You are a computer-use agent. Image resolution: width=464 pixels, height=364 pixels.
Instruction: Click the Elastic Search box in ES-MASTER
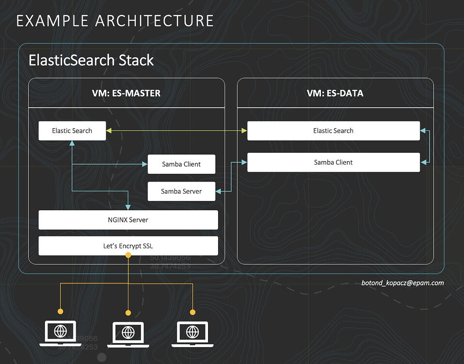coord(72,131)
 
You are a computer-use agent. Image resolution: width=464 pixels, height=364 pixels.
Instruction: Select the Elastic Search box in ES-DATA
coord(333,131)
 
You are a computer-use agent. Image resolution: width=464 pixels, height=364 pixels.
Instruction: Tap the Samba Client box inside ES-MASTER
coord(181,165)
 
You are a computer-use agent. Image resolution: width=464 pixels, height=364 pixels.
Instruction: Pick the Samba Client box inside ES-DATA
coord(333,163)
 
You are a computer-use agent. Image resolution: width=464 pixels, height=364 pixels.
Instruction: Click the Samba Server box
coord(181,192)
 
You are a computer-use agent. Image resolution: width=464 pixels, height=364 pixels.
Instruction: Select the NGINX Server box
coord(128,220)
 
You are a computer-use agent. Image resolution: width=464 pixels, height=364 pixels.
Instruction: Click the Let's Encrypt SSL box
coord(128,246)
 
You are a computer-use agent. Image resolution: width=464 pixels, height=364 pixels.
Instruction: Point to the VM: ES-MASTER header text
coord(126,93)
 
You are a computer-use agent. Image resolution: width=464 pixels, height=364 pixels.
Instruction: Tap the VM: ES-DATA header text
coord(335,93)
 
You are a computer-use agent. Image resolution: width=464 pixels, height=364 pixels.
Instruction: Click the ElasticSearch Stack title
coord(91,61)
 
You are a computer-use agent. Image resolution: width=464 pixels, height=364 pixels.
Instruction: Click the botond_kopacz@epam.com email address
coord(402,283)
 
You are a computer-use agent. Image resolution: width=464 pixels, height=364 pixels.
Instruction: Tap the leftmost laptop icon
coord(60,333)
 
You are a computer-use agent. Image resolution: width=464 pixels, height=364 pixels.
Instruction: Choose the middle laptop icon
coord(128,334)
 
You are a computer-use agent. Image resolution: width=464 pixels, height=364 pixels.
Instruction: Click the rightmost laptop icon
coord(192,333)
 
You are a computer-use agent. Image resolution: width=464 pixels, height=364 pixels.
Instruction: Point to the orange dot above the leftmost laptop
coord(60,311)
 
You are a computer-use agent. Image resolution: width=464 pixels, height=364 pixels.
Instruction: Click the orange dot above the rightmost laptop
coord(192,312)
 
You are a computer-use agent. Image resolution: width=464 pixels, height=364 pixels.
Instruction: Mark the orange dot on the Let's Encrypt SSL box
coord(128,255)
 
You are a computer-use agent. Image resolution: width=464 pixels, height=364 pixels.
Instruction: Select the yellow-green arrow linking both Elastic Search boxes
coord(176,131)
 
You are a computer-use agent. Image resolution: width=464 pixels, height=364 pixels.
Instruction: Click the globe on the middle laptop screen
coord(128,332)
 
